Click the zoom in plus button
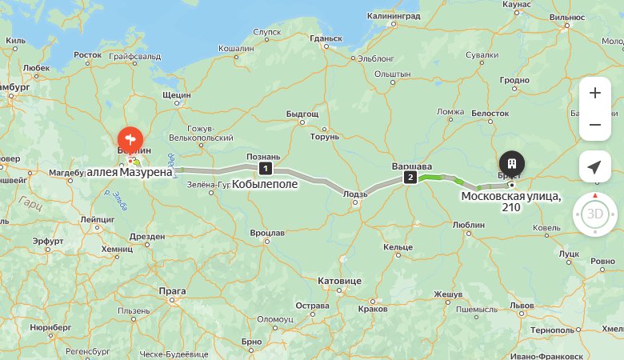tap(594, 93)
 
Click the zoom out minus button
tap(594, 125)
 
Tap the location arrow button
tap(594, 166)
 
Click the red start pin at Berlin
tap(130, 138)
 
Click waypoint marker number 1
tap(265, 168)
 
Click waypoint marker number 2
tap(410, 178)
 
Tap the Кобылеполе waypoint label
tap(265, 184)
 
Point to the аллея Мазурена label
tap(129, 172)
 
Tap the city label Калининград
tap(393, 15)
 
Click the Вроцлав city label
tap(267, 233)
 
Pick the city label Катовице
tap(340, 281)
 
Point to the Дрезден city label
tap(146, 236)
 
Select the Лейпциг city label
tap(97, 217)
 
